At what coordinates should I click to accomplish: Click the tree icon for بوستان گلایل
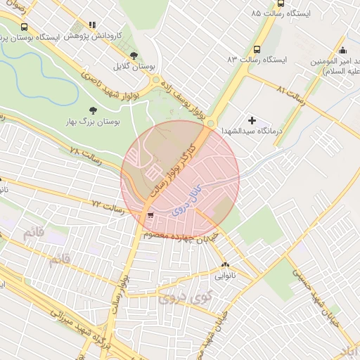(134, 55)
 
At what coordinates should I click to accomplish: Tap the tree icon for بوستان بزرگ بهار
(93, 110)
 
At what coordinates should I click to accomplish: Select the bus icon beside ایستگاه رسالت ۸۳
(256, 50)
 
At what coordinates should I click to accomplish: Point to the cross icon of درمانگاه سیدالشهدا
(252, 121)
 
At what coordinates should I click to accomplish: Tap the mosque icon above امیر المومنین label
(342, 50)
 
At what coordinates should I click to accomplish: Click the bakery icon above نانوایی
(225, 265)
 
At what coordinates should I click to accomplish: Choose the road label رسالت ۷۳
(108, 207)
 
